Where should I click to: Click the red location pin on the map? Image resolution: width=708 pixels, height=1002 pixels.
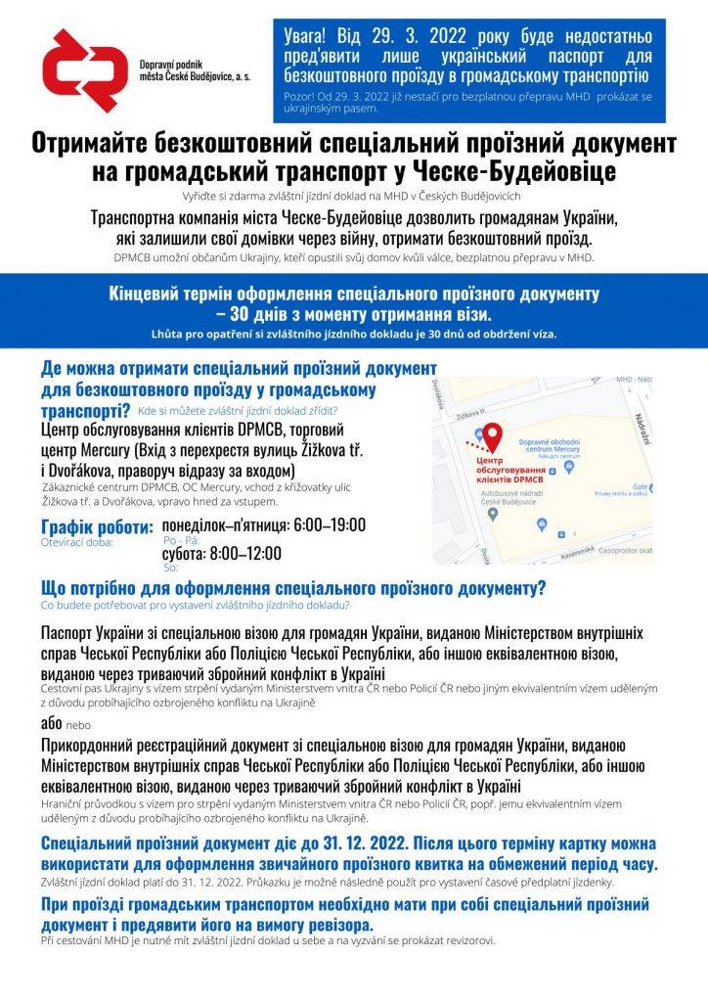[493, 433]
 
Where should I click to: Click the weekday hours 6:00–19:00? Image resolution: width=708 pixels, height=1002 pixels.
[326, 524]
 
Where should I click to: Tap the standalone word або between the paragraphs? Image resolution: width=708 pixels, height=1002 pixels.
[51, 724]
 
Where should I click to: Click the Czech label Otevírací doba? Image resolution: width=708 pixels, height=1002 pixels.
[77, 540]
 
